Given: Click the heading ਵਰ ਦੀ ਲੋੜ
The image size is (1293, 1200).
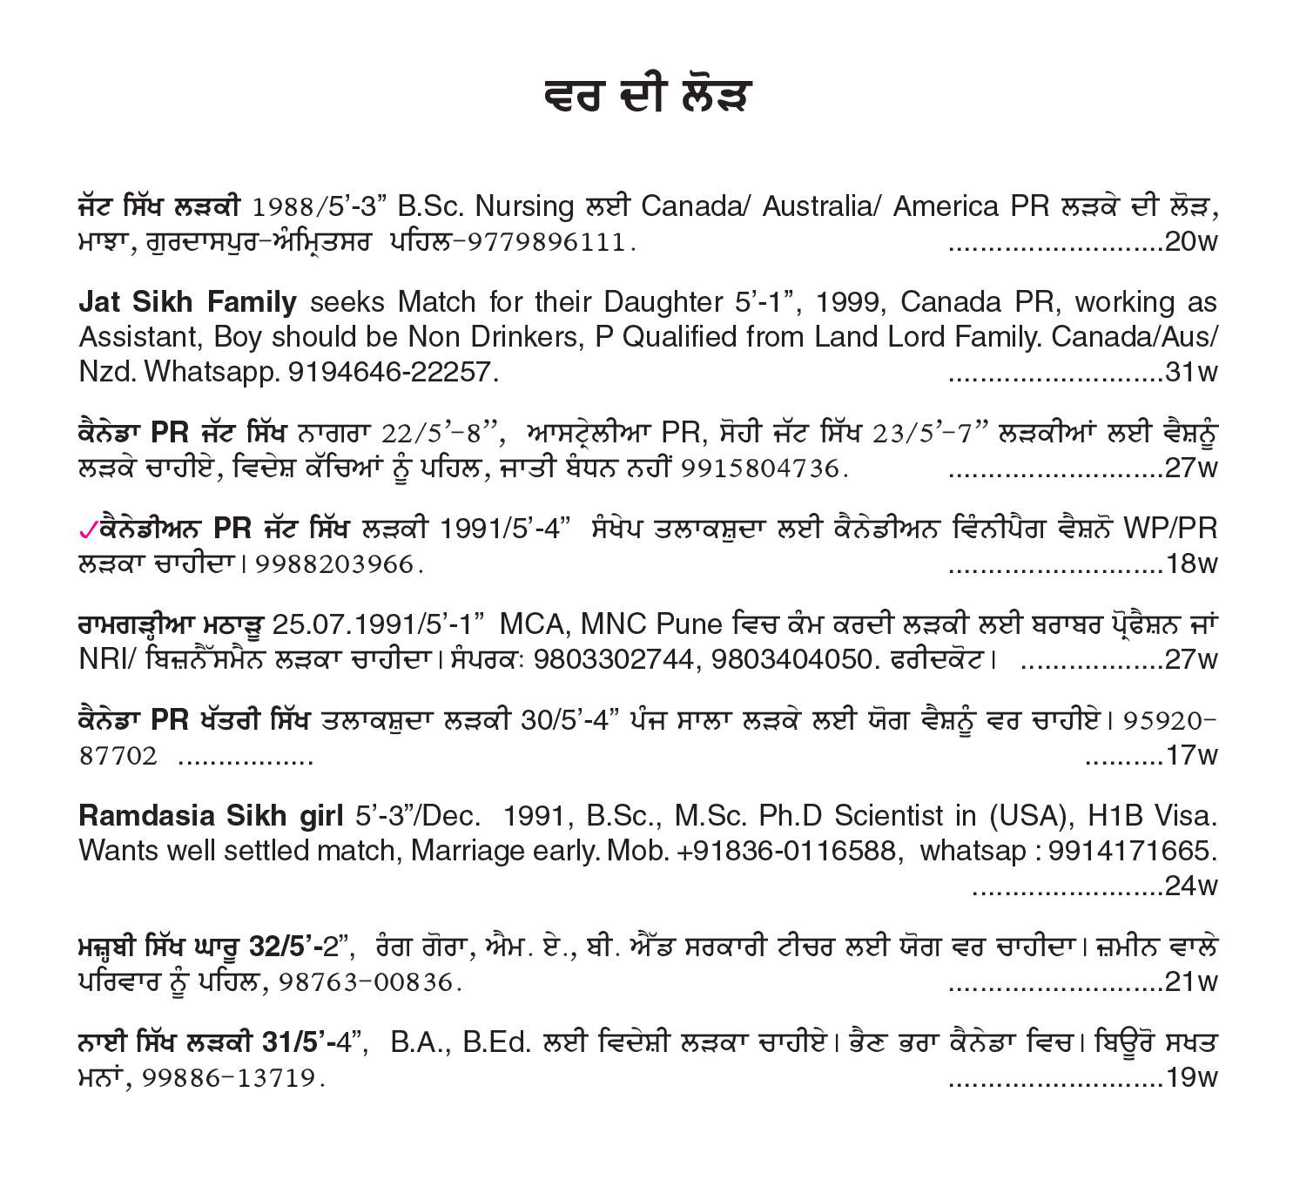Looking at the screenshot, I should coord(646,97).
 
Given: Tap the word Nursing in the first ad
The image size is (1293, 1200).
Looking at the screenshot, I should coord(525,206).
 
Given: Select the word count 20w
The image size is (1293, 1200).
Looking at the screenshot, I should coord(1190,241).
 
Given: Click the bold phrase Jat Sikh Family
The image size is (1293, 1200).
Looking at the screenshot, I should coord(187,302).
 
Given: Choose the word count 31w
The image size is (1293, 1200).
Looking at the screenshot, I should coord(1190,372).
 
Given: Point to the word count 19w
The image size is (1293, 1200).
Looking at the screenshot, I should coord(1190,1078).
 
